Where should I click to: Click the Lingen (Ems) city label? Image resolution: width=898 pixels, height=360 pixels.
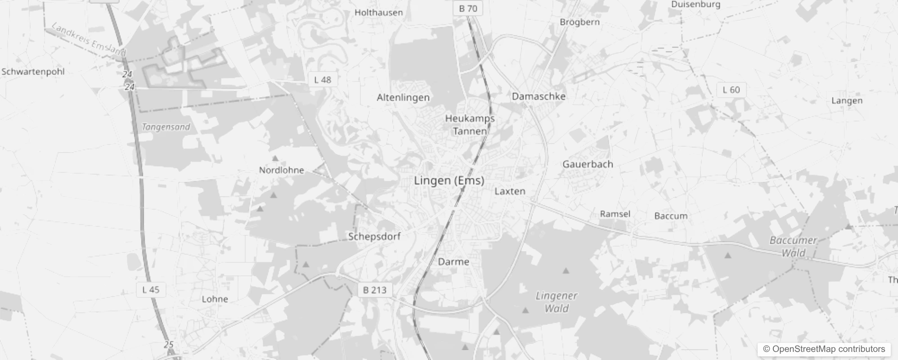click(x=449, y=180)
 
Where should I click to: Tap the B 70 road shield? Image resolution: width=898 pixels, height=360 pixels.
click(x=468, y=9)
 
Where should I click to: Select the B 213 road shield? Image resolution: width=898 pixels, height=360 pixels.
click(x=375, y=290)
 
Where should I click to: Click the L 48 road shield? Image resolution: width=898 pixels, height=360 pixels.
click(x=323, y=80)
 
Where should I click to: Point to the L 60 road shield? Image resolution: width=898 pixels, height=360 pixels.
click(x=731, y=90)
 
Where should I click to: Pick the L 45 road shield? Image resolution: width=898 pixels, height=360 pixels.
click(x=151, y=290)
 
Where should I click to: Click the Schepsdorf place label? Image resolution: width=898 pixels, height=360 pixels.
click(x=374, y=236)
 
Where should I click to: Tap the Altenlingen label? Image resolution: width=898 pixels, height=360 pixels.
click(x=403, y=98)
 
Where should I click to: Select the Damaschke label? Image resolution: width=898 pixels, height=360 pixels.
click(x=539, y=96)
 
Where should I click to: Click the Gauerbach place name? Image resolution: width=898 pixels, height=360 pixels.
click(x=588, y=164)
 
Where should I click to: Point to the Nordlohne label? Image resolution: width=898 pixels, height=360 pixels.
click(x=282, y=170)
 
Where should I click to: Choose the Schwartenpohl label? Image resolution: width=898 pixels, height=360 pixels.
click(x=33, y=72)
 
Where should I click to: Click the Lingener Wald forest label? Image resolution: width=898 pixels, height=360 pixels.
click(x=557, y=302)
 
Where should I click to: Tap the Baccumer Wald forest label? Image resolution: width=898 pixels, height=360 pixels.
click(x=793, y=246)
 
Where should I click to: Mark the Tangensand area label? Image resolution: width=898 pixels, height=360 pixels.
click(x=166, y=127)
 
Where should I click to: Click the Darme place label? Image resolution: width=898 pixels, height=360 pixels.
click(x=453, y=261)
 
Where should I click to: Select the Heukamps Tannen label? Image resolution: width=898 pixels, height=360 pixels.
click(x=470, y=125)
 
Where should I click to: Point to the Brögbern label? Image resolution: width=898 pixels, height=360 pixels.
click(x=579, y=22)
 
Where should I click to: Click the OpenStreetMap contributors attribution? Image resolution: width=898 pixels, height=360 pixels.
click(x=824, y=349)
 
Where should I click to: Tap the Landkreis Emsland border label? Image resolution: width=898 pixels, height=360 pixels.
click(x=89, y=40)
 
